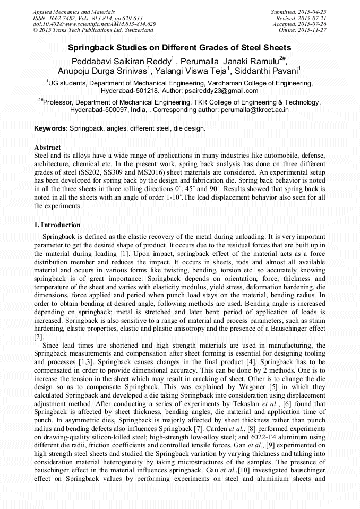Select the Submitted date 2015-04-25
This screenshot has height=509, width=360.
[x=313, y=12]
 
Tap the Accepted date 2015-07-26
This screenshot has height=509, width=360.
[x=313, y=24]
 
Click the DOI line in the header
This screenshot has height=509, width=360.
[x=95, y=24]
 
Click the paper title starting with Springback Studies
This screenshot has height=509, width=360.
[x=179, y=47]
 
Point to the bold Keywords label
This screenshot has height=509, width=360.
[x=51, y=128]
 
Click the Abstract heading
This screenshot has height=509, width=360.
[x=47, y=147]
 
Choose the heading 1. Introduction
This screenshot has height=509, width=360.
[x=57, y=225]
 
